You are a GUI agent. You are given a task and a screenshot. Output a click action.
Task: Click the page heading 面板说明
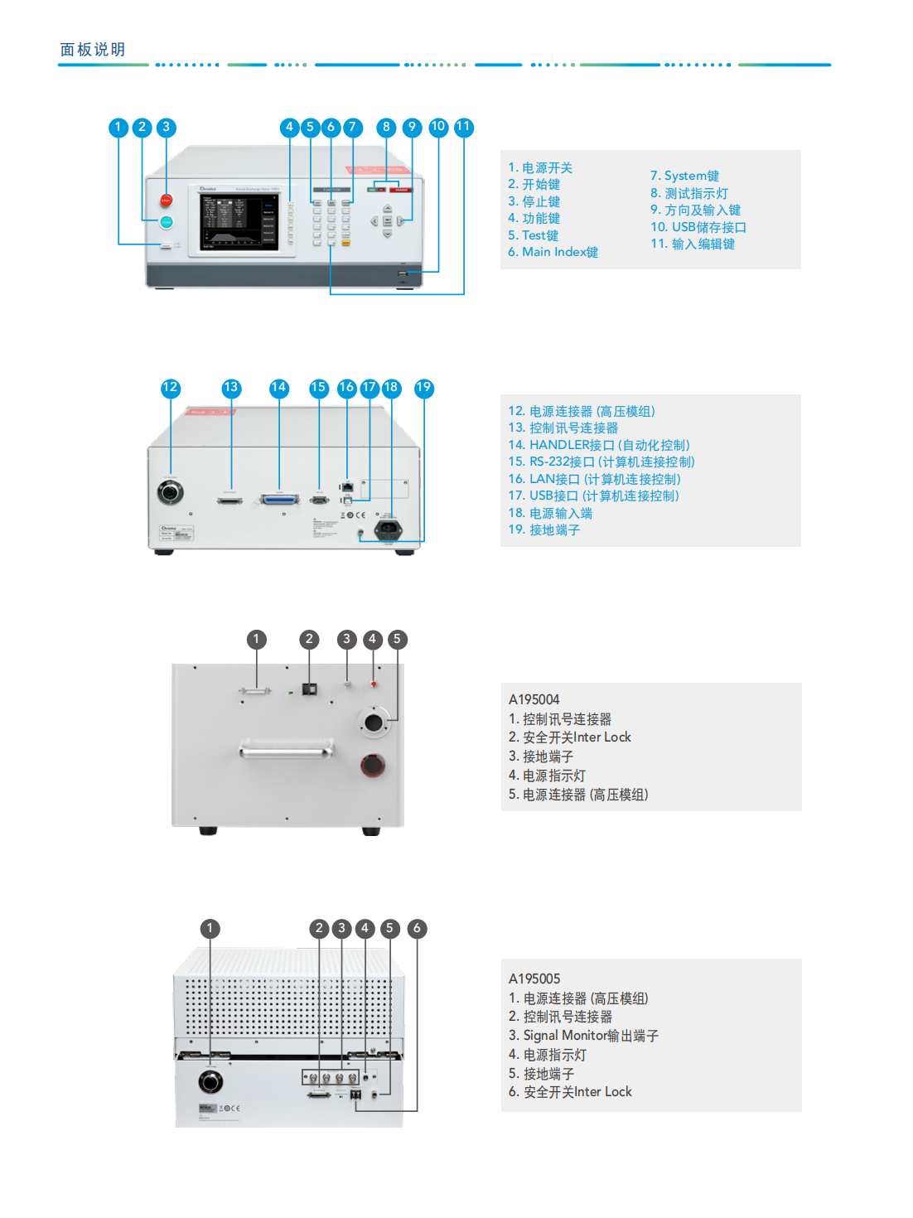[x=93, y=50]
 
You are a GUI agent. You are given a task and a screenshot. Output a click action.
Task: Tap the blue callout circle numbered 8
[x=386, y=127]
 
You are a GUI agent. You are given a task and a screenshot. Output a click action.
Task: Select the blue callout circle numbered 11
[x=463, y=127]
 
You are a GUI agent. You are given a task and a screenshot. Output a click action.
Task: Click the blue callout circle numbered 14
[x=278, y=388]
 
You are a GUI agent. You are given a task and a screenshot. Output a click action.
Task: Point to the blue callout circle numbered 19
[x=423, y=388]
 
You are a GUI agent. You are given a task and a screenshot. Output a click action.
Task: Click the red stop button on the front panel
[x=166, y=201]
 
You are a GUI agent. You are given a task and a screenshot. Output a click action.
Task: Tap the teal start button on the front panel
[x=166, y=222]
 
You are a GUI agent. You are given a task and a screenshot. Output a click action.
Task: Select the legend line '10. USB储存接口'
[x=698, y=227]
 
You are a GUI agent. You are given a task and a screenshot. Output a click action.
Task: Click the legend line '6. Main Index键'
[x=553, y=252]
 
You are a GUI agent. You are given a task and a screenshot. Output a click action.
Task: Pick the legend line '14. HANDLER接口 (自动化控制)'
[x=598, y=445]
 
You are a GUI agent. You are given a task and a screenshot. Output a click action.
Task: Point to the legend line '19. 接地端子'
[x=543, y=530]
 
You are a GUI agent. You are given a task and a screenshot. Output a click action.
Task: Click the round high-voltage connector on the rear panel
[x=171, y=492]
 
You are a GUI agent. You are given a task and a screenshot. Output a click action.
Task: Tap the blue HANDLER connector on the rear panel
[x=279, y=500]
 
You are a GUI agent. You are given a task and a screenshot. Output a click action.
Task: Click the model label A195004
[x=534, y=699]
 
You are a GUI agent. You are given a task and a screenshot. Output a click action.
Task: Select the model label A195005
[x=534, y=979]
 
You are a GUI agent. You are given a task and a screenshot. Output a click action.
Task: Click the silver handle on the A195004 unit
[x=287, y=751]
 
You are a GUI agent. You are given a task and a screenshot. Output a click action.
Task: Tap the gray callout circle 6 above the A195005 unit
[x=417, y=928]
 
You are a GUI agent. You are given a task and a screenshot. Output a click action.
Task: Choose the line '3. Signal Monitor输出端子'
[x=583, y=1036]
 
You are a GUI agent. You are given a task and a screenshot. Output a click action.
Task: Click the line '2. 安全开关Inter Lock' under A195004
[x=569, y=737]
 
